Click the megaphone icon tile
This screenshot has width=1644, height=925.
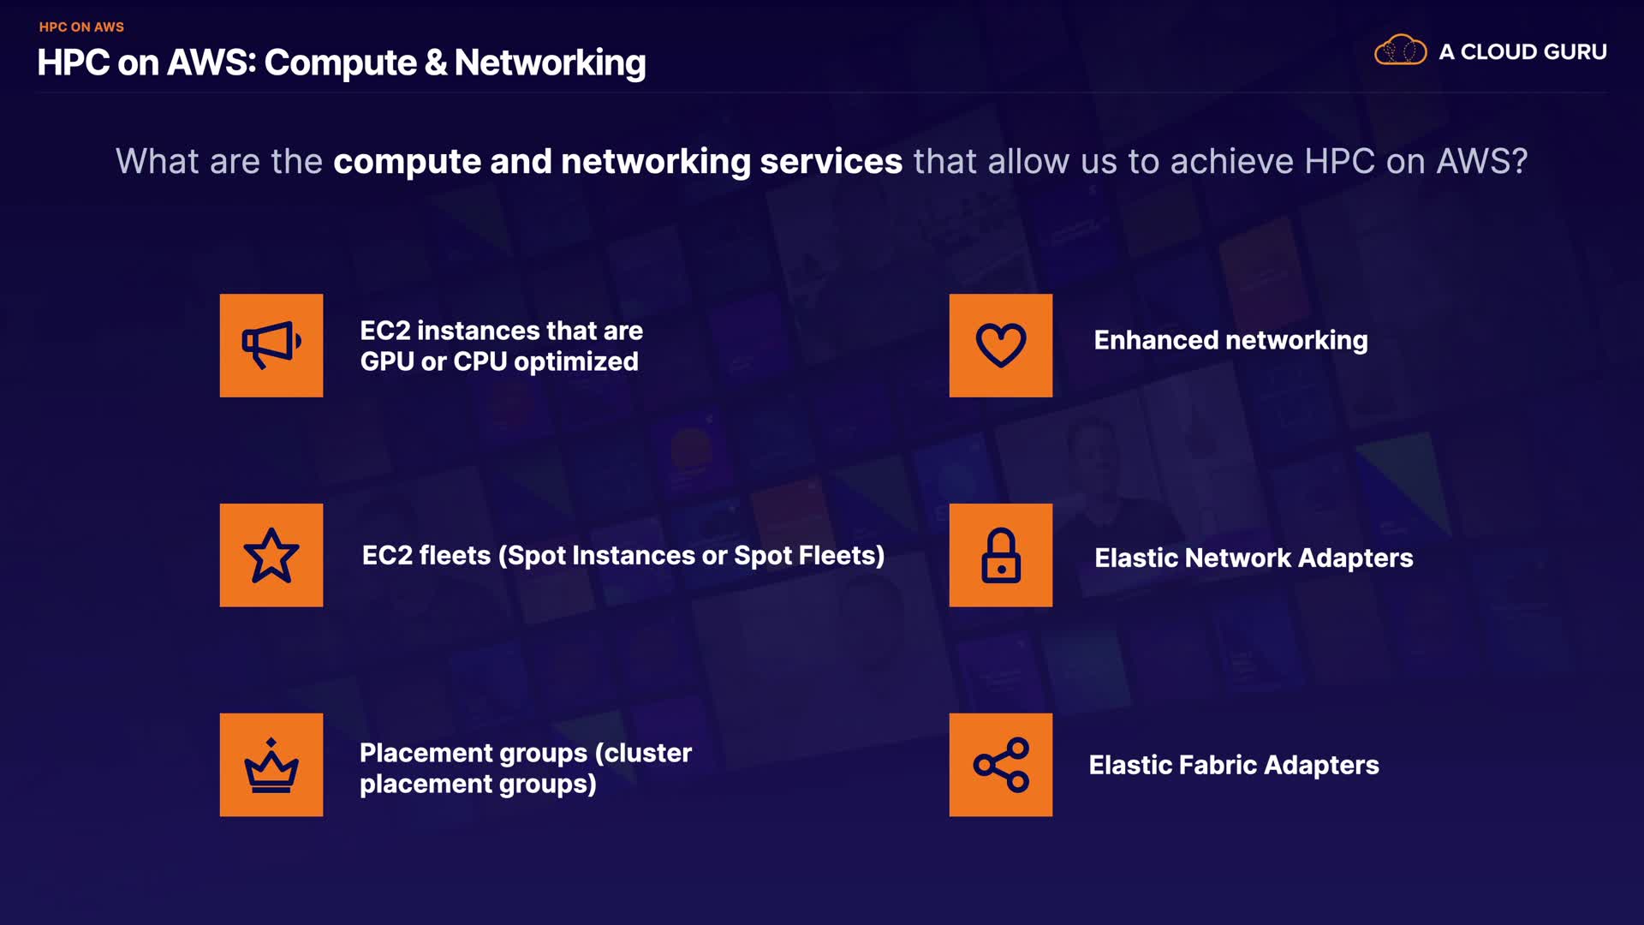(271, 345)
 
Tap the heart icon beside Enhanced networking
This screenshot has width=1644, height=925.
(1000, 345)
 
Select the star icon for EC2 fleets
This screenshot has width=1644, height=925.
(271, 555)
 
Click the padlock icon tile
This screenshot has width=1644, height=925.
(1000, 555)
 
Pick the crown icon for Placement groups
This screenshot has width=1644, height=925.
(271, 765)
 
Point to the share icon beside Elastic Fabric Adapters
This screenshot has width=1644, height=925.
(1000, 765)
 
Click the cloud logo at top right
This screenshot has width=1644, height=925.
(1400, 51)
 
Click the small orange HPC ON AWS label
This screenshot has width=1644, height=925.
(81, 27)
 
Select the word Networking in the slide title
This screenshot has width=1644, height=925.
(550, 63)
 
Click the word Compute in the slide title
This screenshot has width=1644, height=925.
(340, 63)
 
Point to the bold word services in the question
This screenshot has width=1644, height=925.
(831, 161)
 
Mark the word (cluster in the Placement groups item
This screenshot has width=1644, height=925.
(643, 753)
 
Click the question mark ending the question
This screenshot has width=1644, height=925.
(1519, 161)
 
